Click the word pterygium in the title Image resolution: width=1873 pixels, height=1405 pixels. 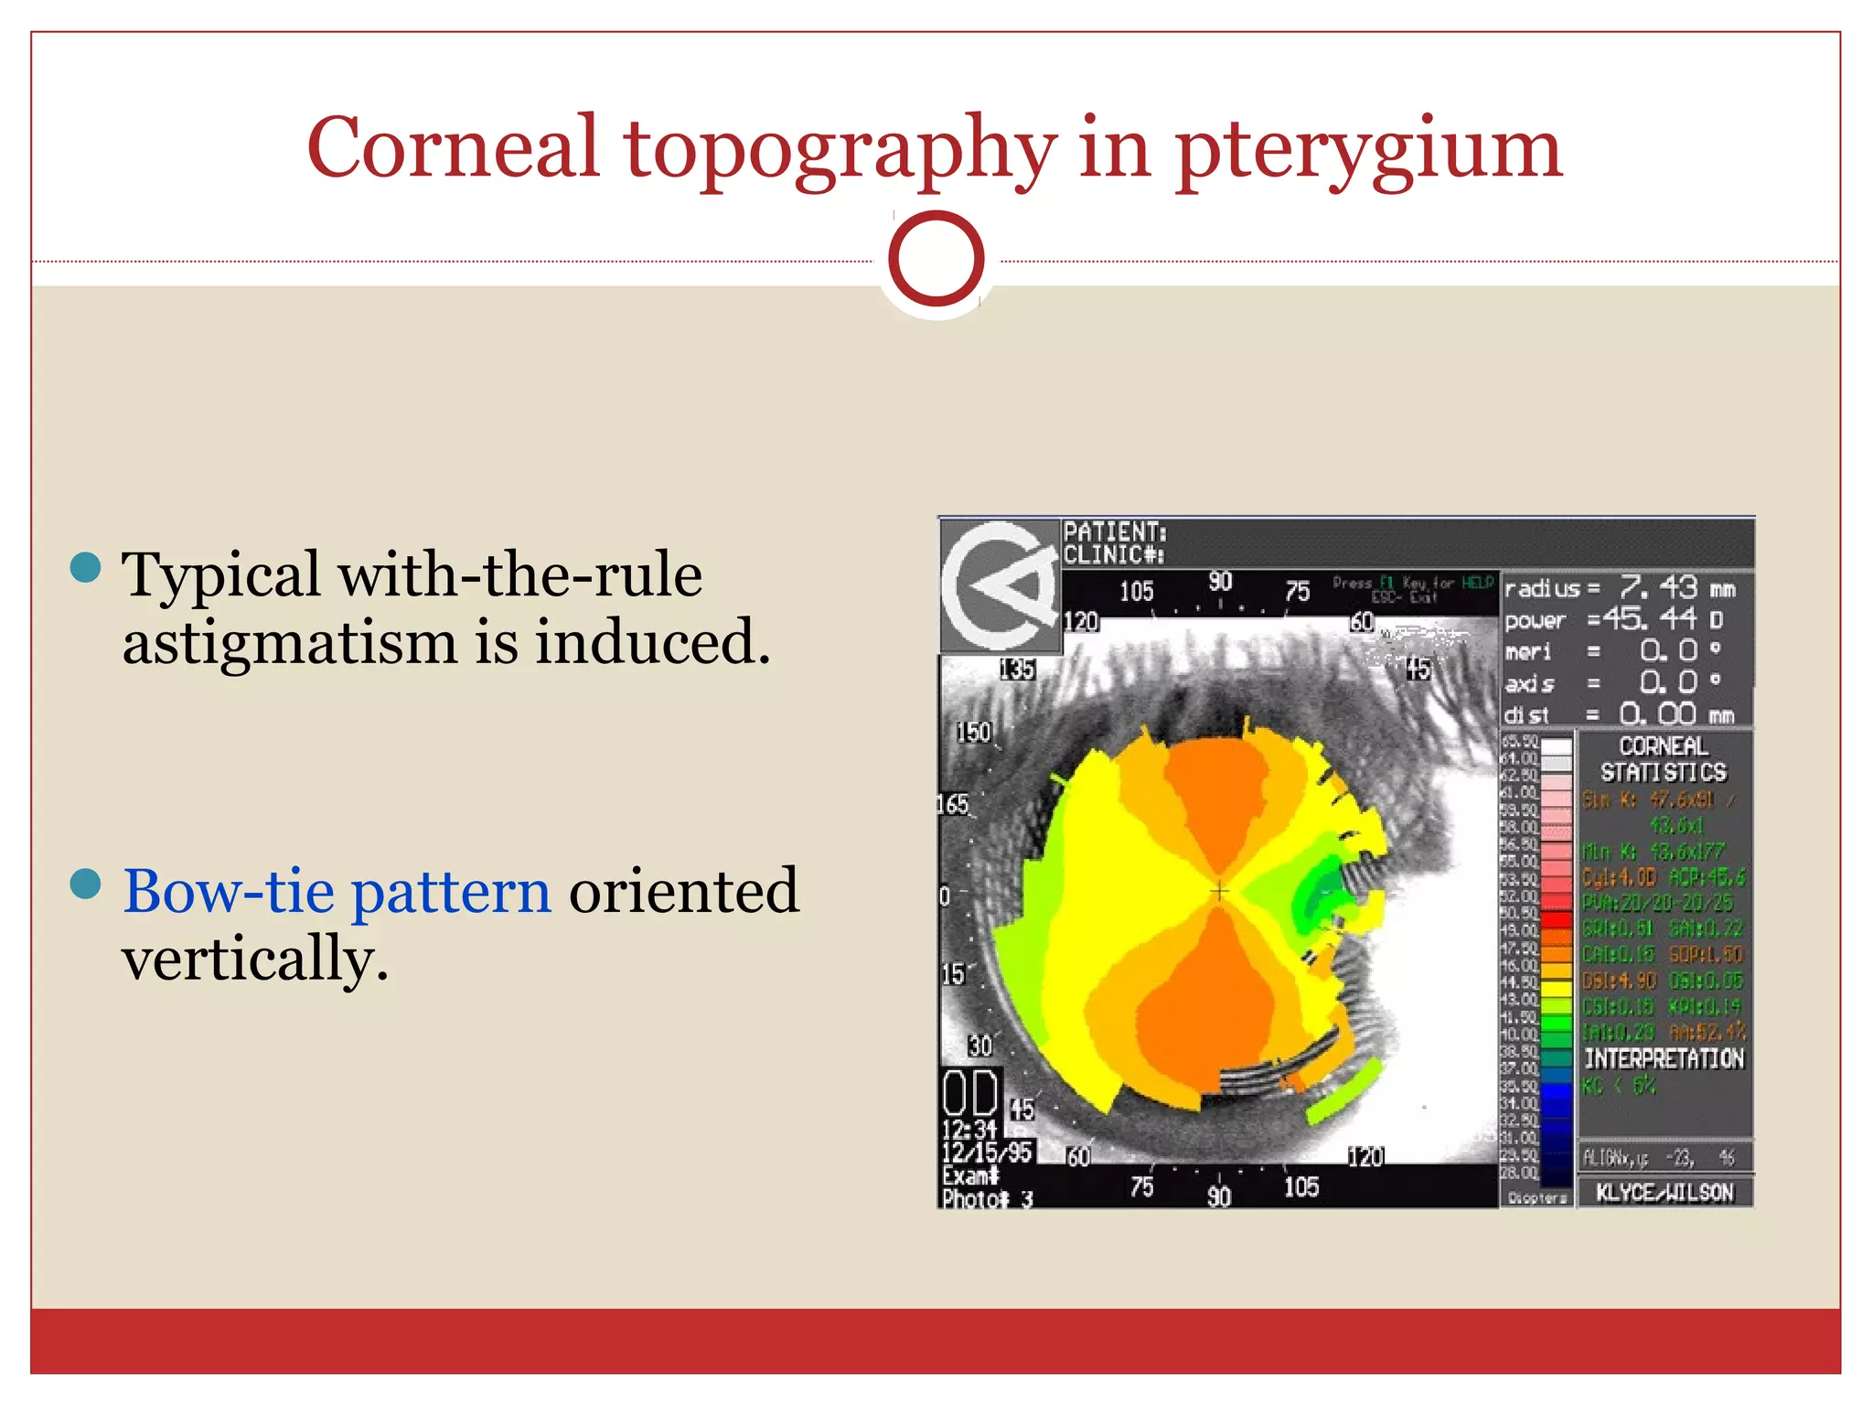coord(1369,149)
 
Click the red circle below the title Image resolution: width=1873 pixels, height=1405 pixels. coord(936,259)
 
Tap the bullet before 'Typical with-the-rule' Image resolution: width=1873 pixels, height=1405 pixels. coord(85,567)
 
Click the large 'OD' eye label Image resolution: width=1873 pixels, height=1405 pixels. coord(970,1094)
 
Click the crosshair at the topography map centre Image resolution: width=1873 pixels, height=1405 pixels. coord(1219,890)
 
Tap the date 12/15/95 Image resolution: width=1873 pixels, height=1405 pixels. coord(987,1152)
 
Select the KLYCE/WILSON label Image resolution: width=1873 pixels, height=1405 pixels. coord(1664,1192)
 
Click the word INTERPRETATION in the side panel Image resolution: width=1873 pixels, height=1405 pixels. coord(1664,1058)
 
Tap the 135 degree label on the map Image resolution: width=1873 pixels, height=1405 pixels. coord(1017,670)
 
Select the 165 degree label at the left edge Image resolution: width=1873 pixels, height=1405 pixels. coord(953,804)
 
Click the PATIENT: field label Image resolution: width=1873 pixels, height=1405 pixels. coord(1114,531)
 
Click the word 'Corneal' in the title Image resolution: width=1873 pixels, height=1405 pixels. coord(452,149)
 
